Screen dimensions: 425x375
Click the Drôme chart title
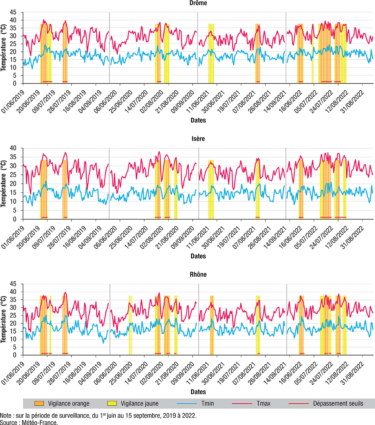(x=199, y=3)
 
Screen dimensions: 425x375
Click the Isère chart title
(x=199, y=139)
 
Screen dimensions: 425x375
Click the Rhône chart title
(x=199, y=275)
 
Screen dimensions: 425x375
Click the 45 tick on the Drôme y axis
(x=14, y=4)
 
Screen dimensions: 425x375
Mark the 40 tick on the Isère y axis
(x=14, y=148)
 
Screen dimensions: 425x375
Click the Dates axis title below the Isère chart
(x=198, y=256)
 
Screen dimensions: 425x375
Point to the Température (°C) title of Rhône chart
(x=4, y=319)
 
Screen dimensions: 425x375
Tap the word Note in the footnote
(x=6, y=415)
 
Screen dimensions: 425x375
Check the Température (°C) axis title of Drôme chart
(x=4, y=48)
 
